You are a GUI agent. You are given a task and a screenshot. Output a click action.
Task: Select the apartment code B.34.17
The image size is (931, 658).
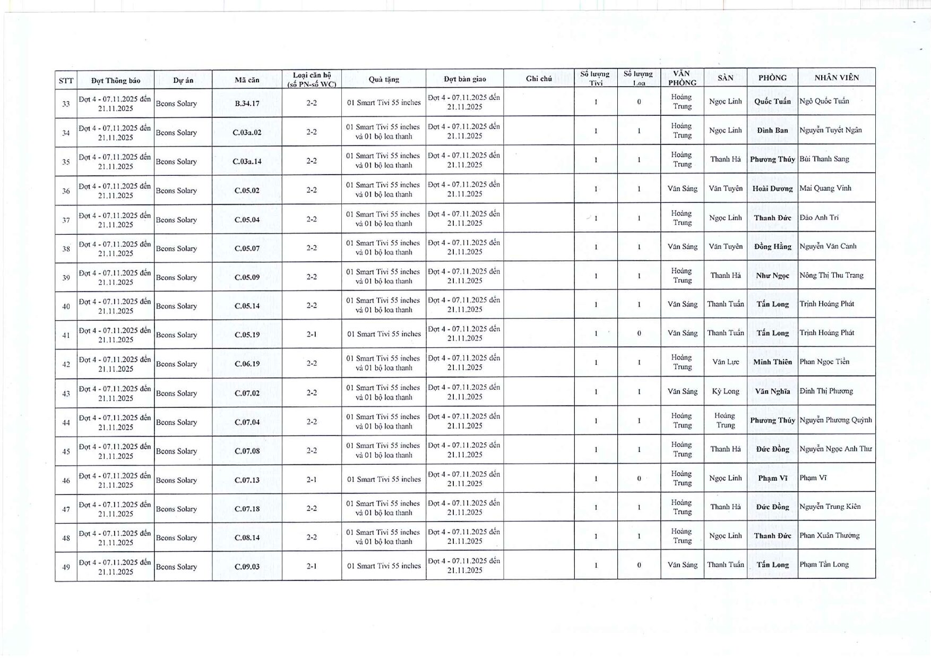(x=247, y=103)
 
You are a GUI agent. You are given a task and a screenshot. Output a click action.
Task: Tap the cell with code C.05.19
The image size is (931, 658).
(x=247, y=335)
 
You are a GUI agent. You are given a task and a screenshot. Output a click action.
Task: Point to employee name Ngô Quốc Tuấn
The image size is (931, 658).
(x=824, y=101)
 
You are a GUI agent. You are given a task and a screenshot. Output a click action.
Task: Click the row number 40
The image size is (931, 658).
(x=66, y=306)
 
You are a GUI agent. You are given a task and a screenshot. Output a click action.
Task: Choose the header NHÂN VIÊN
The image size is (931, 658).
(x=836, y=78)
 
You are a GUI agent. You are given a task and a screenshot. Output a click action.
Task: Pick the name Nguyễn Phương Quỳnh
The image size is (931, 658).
(x=835, y=420)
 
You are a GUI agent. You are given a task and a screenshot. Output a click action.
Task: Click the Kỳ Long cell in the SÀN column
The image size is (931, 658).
(x=725, y=391)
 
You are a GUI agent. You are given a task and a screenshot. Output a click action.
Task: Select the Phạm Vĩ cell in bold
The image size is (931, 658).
(x=772, y=478)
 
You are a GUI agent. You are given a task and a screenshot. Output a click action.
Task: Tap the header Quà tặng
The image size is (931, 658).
(x=383, y=80)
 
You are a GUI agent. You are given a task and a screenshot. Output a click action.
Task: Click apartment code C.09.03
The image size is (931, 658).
(x=247, y=567)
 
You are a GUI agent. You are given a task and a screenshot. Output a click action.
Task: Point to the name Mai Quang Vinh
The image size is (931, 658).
(x=825, y=188)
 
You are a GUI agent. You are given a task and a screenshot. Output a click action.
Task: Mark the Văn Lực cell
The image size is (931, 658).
(x=725, y=362)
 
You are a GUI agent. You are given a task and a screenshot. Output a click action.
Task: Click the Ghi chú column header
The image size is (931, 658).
(x=538, y=79)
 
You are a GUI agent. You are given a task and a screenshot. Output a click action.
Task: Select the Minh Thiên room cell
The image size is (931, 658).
(x=772, y=362)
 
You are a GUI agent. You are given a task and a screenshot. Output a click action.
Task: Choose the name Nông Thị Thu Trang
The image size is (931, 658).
(x=831, y=275)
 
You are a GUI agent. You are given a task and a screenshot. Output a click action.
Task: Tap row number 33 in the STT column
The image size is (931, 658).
(x=66, y=104)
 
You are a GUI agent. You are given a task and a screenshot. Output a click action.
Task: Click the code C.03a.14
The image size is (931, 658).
(x=247, y=161)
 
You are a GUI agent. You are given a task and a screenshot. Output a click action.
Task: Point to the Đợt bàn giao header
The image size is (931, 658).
(x=464, y=79)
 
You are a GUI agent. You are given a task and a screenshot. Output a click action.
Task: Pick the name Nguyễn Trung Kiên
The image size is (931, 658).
(x=830, y=507)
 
